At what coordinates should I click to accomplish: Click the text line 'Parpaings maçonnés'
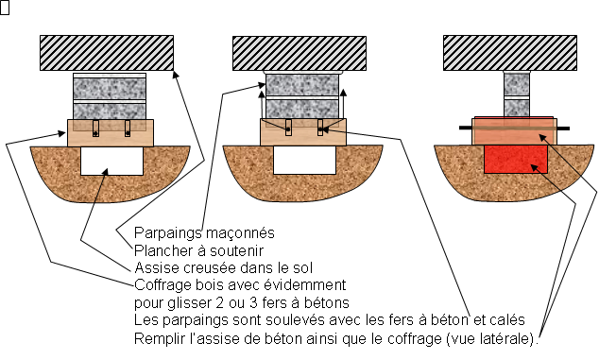click(204, 233)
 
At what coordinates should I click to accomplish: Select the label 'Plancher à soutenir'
click(198, 250)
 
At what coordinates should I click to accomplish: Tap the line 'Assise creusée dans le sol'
click(224, 268)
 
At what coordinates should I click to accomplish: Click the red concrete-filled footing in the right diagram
click(516, 159)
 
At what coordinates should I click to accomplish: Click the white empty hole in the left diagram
click(111, 161)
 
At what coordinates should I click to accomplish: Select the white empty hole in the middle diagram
click(305, 160)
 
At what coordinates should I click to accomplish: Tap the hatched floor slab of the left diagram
click(107, 53)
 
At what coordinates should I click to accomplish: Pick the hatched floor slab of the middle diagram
click(299, 53)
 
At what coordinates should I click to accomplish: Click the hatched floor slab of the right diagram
click(510, 53)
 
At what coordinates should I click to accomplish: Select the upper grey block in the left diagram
click(110, 88)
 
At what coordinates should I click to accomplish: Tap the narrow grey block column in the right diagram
click(517, 94)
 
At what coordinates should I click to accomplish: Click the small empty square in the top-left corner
click(4, 8)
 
